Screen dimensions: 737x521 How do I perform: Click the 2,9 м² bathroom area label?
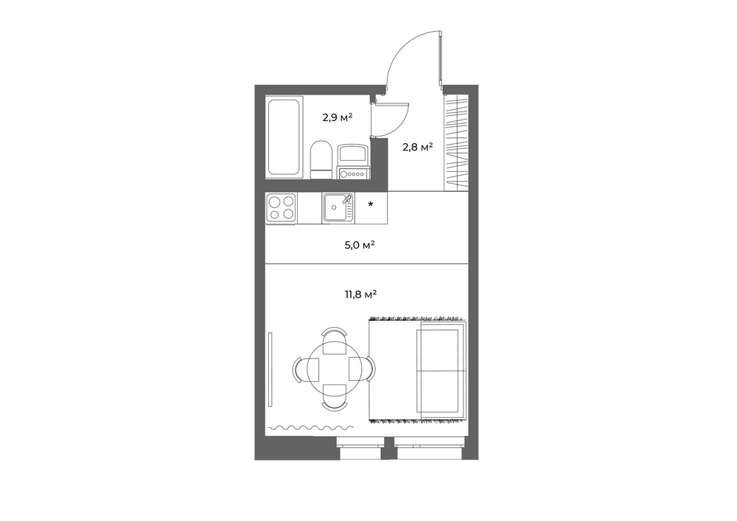[338, 117]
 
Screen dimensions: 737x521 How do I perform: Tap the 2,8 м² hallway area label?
[417, 148]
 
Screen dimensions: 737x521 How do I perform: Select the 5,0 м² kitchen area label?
[360, 245]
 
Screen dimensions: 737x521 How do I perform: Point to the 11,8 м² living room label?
[361, 295]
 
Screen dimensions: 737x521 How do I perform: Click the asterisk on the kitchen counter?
[371, 204]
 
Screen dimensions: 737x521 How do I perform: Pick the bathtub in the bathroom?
[283, 137]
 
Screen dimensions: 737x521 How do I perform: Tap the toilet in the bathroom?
[321, 159]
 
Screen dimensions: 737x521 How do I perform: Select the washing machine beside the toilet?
[352, 162]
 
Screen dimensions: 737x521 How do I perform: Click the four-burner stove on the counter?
[281, 208]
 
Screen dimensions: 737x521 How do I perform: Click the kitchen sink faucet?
[349, 199]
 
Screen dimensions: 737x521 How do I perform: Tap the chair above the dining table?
[334, 340]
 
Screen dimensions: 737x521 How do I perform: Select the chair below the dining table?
[334, 396]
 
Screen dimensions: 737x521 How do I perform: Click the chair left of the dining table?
[306, 368]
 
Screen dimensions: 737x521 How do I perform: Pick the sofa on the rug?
[441, 370]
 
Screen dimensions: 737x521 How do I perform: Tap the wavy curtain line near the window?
[310, 428]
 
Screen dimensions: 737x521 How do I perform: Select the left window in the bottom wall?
[360, 449]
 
